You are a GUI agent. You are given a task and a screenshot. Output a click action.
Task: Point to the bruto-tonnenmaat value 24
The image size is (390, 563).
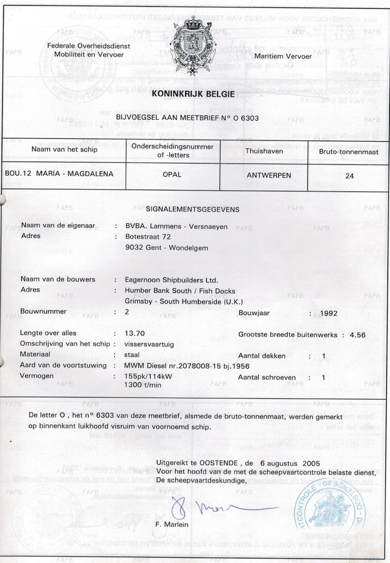click(350, 176)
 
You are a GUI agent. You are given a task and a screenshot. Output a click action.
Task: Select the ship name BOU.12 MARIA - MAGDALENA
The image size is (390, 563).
click(59, 173)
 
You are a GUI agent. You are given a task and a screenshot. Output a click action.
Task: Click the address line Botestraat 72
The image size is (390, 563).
click(148, 236)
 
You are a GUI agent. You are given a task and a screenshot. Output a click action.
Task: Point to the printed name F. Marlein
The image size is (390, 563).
click(172, 525)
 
